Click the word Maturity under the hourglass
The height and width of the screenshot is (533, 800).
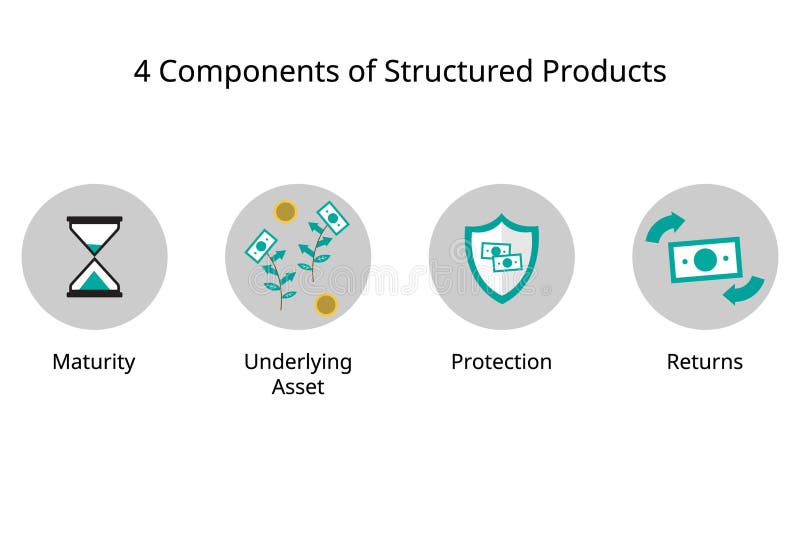click(x=93, y=361)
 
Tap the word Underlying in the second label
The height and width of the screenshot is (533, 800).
click(x=298, y=361)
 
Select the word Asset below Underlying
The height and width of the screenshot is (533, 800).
click(x=298, y=386)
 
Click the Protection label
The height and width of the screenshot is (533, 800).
click(x=501, y=361)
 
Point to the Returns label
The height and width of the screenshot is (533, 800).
click(x=705, y=361)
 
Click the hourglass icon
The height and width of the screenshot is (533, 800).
click(x=95, y=257)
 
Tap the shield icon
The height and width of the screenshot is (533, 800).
click(x=501, y=257)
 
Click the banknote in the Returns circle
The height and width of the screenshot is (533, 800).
click(x=705, y=260)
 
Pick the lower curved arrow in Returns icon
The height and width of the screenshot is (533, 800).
click(x=744, y=290)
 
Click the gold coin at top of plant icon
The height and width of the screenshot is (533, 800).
click(x=285, y=212)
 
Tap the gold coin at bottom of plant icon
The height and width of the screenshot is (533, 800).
click(x=326, y=304)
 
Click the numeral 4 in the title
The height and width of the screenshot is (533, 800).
click(x=142, y=72)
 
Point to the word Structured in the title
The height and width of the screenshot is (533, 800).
click(x=441, y=72)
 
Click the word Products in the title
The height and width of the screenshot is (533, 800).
click(x=604, y=72)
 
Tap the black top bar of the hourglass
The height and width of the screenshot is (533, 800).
click(x=95, y=220)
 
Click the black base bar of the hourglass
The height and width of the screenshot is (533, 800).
click(x=95, y=294)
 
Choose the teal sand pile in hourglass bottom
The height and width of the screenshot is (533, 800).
click(x=95, y=281)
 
